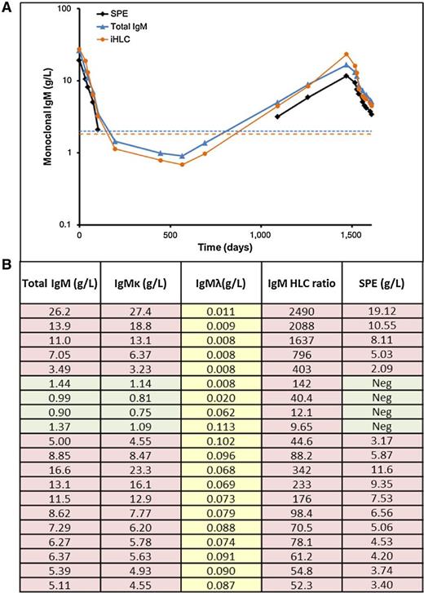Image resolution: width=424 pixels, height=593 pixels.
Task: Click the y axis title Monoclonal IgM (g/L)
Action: click(x=50, y=117)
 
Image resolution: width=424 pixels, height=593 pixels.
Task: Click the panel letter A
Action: click(x=7, y=7)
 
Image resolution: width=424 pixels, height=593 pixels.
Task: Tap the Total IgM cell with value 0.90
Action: click(x=52, y=412)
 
